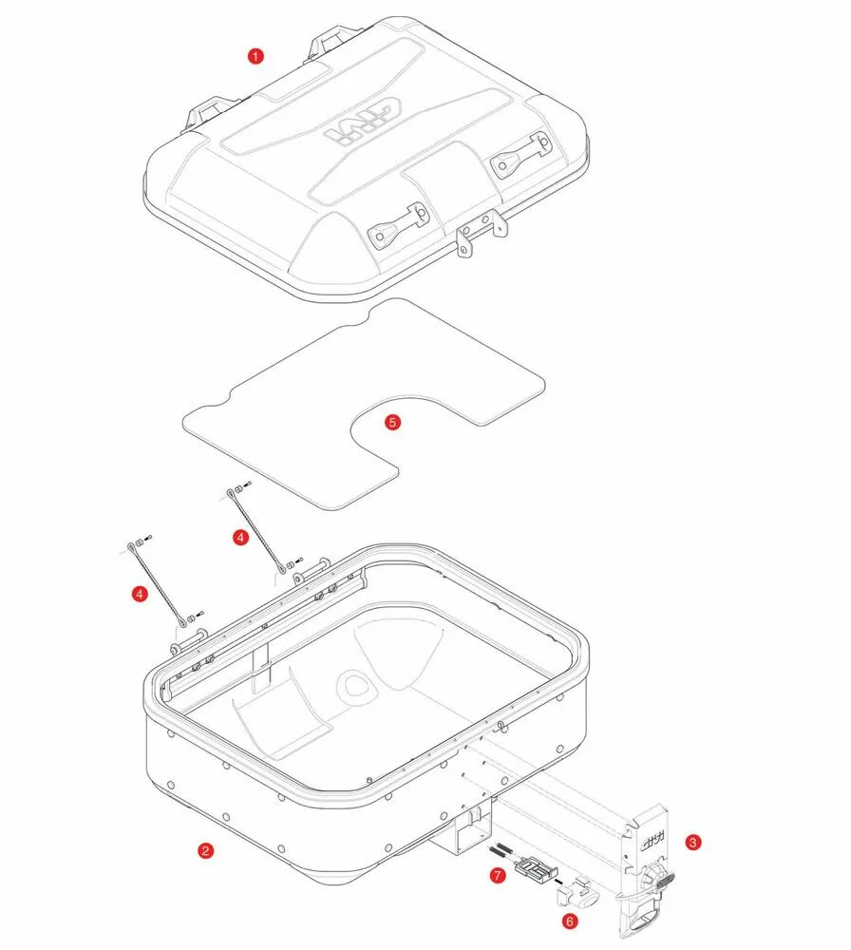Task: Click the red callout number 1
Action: tap(255, 56)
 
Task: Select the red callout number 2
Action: tap(204, 850)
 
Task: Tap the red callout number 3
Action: tap(693, 842)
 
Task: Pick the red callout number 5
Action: tap(393, 423)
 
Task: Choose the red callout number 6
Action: tap(570, 921)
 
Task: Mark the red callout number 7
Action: tap(498, 876)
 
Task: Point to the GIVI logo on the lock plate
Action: tap(650, 844)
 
